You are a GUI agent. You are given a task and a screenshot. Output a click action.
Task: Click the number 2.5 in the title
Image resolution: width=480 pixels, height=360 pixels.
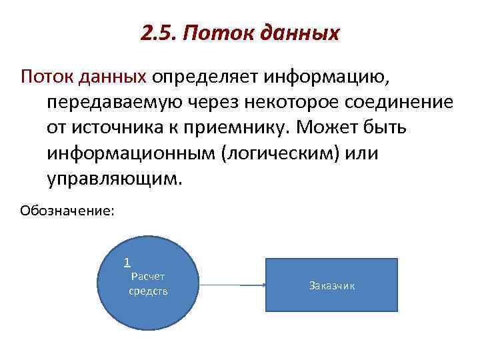pyautogui.click(x=158, y=32)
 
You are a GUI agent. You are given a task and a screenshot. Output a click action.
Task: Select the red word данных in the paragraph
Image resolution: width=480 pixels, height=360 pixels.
pyautogui.click(x=113, y=77)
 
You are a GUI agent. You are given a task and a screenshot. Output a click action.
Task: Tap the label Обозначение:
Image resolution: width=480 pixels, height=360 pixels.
pyautogui.click(x=67, y=211)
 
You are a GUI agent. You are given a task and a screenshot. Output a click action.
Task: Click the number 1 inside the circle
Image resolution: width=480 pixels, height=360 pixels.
pyautogui.click(x=127, y=262)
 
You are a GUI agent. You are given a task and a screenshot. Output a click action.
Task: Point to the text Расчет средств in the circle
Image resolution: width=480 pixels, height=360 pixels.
pyautogui.click(x=148, y=283)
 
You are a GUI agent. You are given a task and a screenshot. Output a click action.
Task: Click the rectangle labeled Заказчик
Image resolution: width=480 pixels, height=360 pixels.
pyautogui.click(x=331, y=285)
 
